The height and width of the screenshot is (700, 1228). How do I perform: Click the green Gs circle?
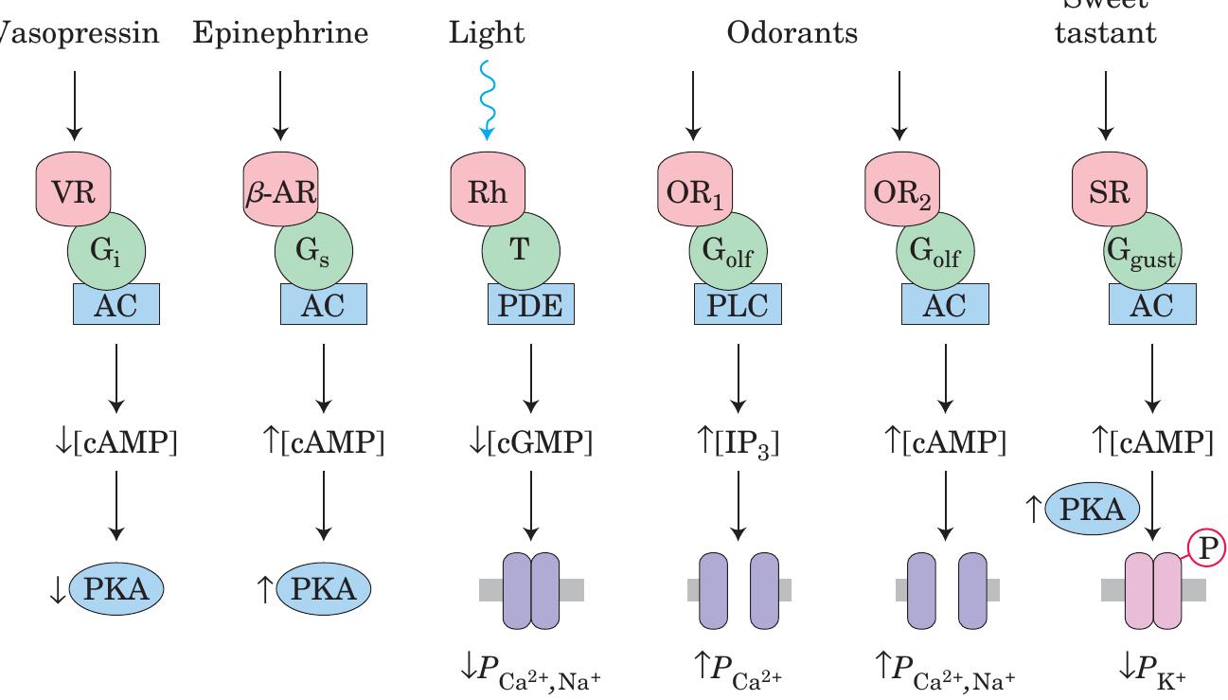click(314, 253)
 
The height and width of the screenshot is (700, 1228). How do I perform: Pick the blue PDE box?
click(530, 305)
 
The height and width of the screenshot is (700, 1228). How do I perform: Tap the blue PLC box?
click(739, 305)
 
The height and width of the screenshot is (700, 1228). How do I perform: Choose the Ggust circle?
click(1144, 253)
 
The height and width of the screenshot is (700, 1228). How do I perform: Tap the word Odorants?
click(792, 35)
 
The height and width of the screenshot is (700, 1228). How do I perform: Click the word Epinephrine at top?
click(279, 35)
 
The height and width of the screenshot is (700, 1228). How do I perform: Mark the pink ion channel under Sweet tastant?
click(1153, 589)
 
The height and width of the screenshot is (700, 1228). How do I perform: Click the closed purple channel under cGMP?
click(531, 589)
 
